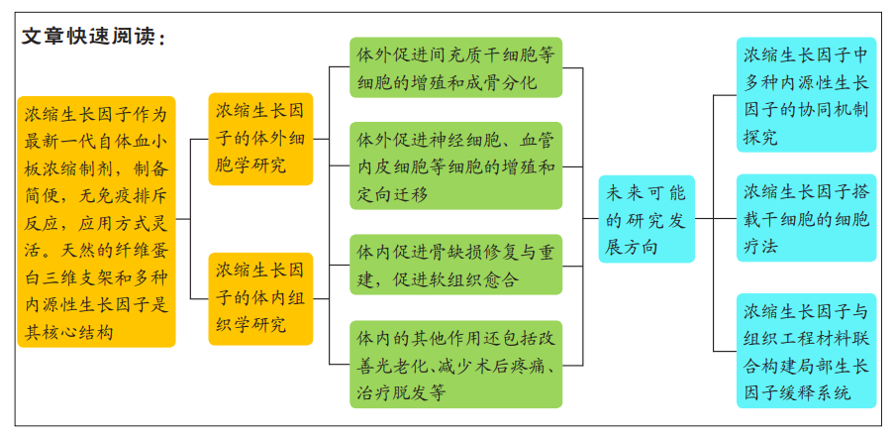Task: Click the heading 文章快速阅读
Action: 93,37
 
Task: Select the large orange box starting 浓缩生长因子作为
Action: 96,222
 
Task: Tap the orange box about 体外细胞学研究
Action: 260,139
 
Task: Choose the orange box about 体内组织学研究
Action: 260,299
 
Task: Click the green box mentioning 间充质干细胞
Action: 456,67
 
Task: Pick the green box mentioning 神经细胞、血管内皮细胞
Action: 456,166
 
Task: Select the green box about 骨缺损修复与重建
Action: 456,265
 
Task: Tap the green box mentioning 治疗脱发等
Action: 456,365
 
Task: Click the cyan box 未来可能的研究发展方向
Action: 646,219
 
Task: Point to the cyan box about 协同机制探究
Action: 806,95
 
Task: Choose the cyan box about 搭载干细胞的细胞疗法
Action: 806,218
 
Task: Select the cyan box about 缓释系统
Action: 806,351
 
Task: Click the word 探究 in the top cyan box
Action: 760,137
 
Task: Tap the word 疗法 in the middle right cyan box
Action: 760,247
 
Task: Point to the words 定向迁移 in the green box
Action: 392,194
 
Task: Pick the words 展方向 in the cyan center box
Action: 632,247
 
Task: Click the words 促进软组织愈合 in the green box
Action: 456,280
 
